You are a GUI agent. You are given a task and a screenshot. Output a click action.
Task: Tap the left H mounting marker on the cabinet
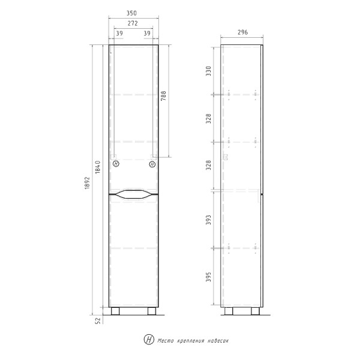(x=116, y=163)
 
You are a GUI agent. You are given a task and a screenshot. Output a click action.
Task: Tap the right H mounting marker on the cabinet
(x=152, y=163)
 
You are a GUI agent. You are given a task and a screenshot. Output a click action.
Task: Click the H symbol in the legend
(x=148, y=340)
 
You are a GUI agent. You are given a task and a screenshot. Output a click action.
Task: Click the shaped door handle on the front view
(x=134, y=194)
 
